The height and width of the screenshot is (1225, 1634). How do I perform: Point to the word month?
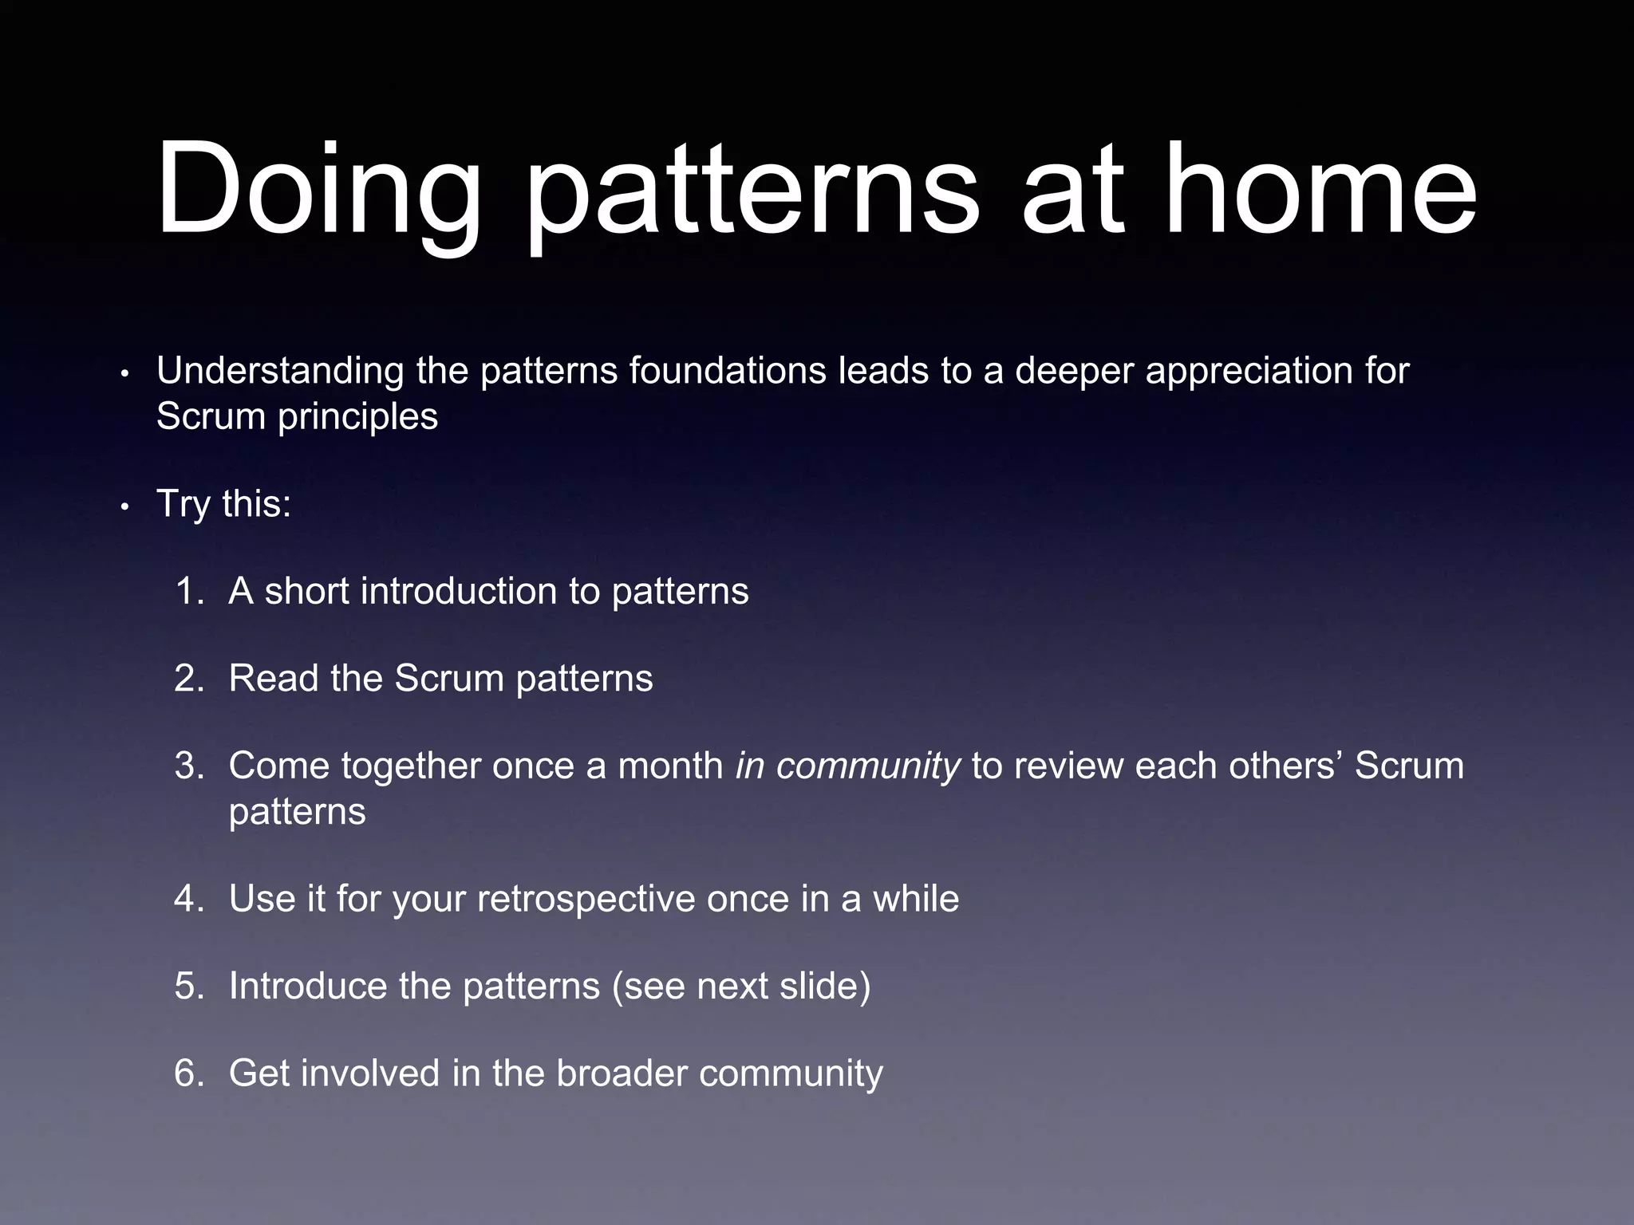click(x=670, y=766)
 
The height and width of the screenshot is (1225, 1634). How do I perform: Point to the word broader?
click(x=622, y=1073)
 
